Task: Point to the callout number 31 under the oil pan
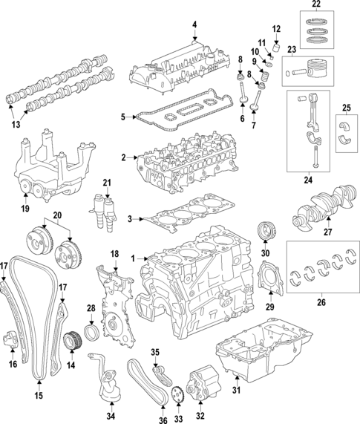[236, 390]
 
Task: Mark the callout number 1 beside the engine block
[134, 258]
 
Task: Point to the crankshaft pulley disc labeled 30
[264, 231]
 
